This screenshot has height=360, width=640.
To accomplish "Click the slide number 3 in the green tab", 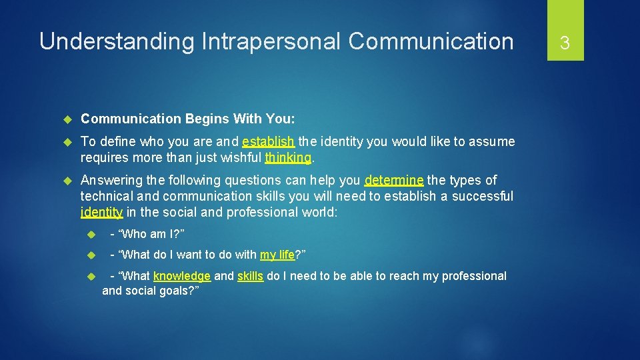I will coord(565,43).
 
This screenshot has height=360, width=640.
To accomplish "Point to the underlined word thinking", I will coord(288,157).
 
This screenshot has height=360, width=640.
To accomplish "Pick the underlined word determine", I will coord(394,180).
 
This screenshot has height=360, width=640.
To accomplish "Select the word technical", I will coord(107,196).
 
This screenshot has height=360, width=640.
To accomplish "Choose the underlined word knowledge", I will coord(182,276).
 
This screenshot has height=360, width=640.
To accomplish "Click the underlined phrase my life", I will coord(277,255).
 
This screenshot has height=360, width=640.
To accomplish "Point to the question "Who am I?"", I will coord(147,233).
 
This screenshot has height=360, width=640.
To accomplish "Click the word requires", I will coord(105,157).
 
